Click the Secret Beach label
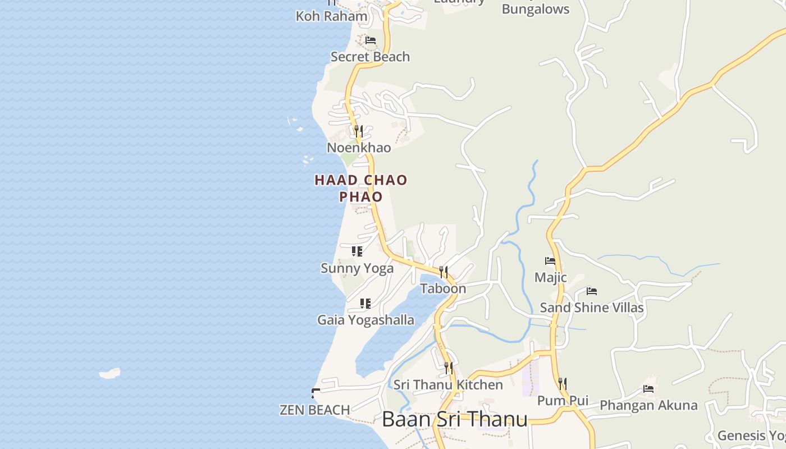point(370,57)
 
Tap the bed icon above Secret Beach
point(371,40)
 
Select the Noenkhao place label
point(359,148)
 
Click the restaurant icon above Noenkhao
point(359,131)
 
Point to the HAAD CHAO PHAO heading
point(361,188)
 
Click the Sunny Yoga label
point(357,268)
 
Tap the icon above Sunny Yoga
point(357,251)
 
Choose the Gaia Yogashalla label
point(365,320)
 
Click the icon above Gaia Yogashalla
point(365,304)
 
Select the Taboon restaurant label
point(443,288)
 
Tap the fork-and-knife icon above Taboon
point(444,272)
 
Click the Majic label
point(550,277)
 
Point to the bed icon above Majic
point(550,261)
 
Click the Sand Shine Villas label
point(591,308)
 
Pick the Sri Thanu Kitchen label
point(448,384)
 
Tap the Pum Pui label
point(563,400)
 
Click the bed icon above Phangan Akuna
point(648,389)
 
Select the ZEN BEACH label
point(315,410)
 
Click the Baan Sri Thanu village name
point(455,419)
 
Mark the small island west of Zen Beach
point(110,373)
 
